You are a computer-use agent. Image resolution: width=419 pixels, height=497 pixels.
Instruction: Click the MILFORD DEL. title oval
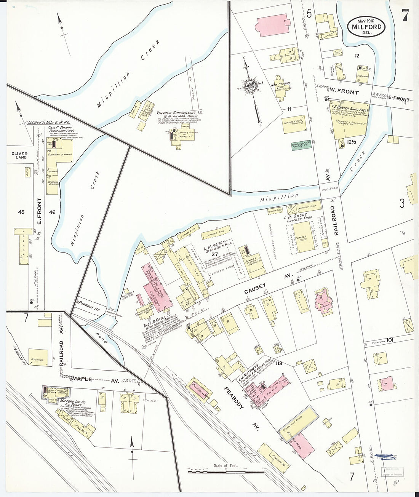[366, 26]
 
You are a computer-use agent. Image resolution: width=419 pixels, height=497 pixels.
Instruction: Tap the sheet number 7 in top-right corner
[404, 15]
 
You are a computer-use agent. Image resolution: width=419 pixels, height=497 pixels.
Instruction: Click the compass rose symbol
[251, 85]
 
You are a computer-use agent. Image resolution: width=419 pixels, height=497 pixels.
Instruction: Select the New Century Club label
[281, 86]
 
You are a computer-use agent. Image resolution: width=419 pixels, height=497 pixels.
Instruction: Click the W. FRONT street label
[344, 92]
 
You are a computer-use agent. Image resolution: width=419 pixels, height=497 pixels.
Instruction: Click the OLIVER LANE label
[19, 155]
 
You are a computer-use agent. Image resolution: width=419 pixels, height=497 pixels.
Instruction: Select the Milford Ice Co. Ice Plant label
[73, 403]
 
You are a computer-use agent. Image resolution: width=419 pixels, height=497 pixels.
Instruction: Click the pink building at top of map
[273, 25]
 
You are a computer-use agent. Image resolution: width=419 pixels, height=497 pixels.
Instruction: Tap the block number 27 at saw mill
[215, 254]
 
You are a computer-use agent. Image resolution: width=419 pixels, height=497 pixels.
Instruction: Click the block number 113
[279, 363]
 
